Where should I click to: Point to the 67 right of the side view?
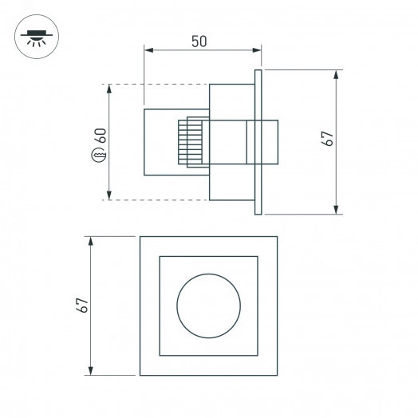pyautogui.click(x=326, y=136)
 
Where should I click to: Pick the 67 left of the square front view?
pyautogui.click(x=81, y=305)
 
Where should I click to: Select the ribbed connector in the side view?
pyautogui.click(x=191, y=142)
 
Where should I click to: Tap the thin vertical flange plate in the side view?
pyautogui.click(x=257, y=142)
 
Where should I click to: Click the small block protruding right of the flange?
pyautogui.click(x=270, y=142)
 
